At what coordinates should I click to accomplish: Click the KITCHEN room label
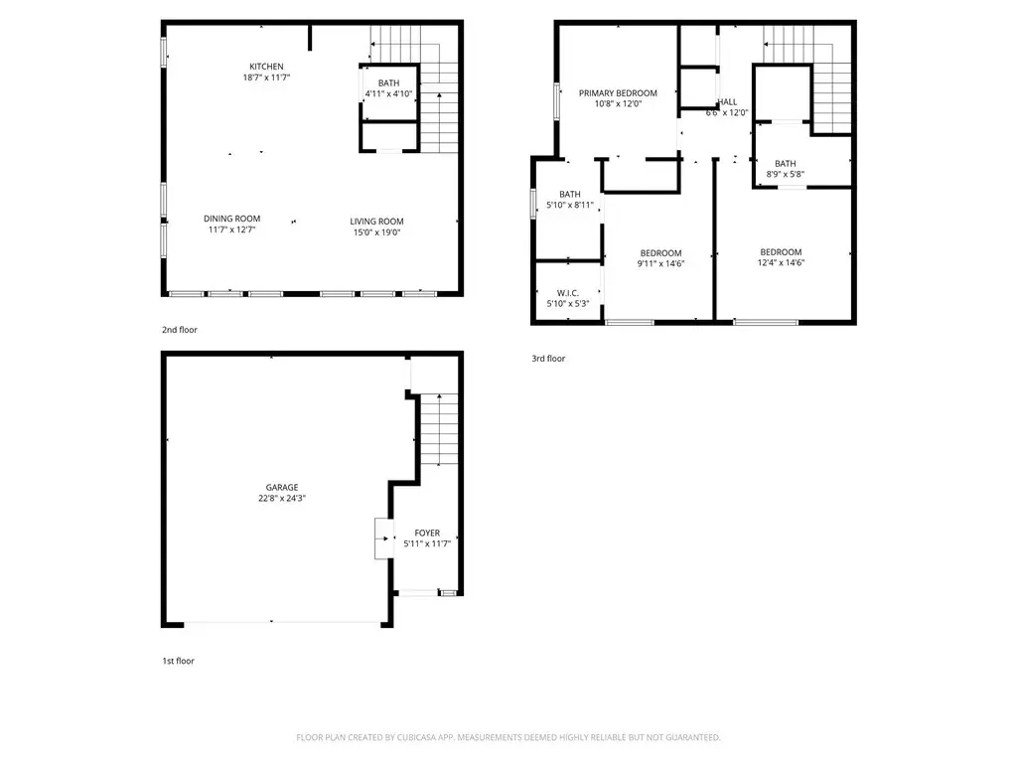coord(266,67)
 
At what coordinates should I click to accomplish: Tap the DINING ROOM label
coord(231,219)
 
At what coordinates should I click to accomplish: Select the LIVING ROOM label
coord(376,222)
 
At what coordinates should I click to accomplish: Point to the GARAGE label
coord(282,487)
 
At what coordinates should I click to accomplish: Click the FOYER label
coord(427,533)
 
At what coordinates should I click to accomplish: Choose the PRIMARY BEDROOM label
coord(618,92)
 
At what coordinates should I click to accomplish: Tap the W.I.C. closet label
coord(567,293)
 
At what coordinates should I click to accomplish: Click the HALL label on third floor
coord(728,102)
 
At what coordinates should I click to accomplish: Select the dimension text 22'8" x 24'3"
coord(282,499)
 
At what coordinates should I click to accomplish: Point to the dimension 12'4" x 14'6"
coord(781,262)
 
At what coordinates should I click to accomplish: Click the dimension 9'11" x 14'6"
coord(660,263)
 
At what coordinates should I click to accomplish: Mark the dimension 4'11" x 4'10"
coord(388,93)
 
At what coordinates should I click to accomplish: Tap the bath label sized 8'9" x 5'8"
coord(786,164)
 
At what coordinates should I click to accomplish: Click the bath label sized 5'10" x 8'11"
coord(570,194)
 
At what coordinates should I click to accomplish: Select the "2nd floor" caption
coord(180,330)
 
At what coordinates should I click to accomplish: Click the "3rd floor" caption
coord(548,358)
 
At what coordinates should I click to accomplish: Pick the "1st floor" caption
coord(179,661)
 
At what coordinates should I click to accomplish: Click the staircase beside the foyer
coord(439,429)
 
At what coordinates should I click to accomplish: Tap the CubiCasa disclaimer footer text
coord(508,737)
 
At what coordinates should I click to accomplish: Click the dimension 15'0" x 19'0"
coord(376,232)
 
